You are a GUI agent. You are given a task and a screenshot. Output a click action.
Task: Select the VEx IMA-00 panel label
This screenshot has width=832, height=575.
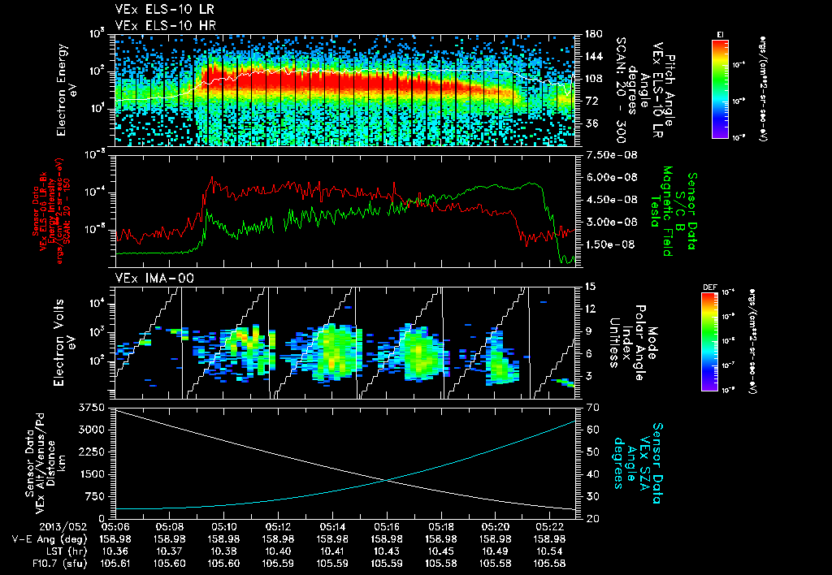click(x=143, y=278)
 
